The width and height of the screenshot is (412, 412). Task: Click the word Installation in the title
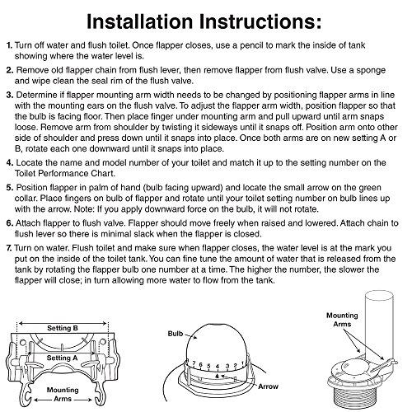click(140, 21)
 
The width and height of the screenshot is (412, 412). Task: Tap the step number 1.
click(9, 45)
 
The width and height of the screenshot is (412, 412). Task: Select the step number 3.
click(10, 95)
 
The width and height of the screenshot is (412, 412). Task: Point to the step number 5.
click(10, 188)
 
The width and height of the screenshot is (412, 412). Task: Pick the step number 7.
click(9, 248)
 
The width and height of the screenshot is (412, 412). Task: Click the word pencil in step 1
click(251, 45)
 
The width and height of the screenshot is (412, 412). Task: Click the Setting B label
click(63, 328)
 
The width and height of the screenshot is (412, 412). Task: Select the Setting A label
click(62, 358)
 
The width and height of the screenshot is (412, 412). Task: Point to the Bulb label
click(176, 334)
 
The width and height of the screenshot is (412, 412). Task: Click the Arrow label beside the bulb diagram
click(268, 386)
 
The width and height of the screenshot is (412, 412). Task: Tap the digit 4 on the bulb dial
click(218, 367)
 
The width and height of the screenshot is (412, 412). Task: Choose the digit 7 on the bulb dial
click(194, 363)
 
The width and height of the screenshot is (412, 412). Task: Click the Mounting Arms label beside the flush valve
click(342, 320)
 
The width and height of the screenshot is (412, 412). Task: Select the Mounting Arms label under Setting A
click(63, 394)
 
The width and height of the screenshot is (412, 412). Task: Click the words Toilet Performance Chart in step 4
click(64, 174)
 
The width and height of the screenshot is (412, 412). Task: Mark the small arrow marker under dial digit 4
click(217, 376)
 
